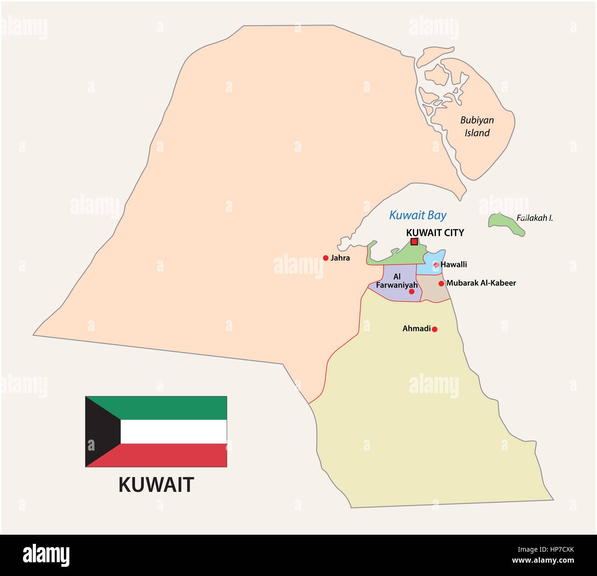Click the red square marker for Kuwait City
pyautogui.click(x=414, y=242)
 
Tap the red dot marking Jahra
pyautogui.click(x=326, y=258)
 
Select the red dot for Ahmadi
pyautogui.click(x=434, y=329)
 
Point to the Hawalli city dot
pyautogui.click(x=436, y=265)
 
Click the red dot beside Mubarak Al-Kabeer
pyautogui.click(x=441, y=283)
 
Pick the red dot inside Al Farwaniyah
pyautogui.click(x=411, y=291)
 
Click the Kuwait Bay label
pyautogui.click(x=417, y=215)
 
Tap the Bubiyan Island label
pyautogui.click(x=477, y=126)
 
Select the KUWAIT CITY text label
pyautogui.click(x=435, y=232)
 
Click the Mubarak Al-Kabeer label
pyautogui.click(x=481, y=283)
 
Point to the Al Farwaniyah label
pyautogui.click(x=397, y=281)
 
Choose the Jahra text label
pyautogui.click(x=340, y=258)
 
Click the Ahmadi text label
pyautogui.click(x=417, y=328)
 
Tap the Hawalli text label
pyautogui.click(x=454, y=265)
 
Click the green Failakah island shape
pyautogui.click(x=505, y=224)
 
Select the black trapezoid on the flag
pyautogui.click(x=99, y=432)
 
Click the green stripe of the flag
pyautogui.click(x=175, y=407)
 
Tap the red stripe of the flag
pyautogui.click(x=175, y=455)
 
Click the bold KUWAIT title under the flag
pyautogui.click(x=156, y=485)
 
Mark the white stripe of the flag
pyautogui.click(x=175, y=432)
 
